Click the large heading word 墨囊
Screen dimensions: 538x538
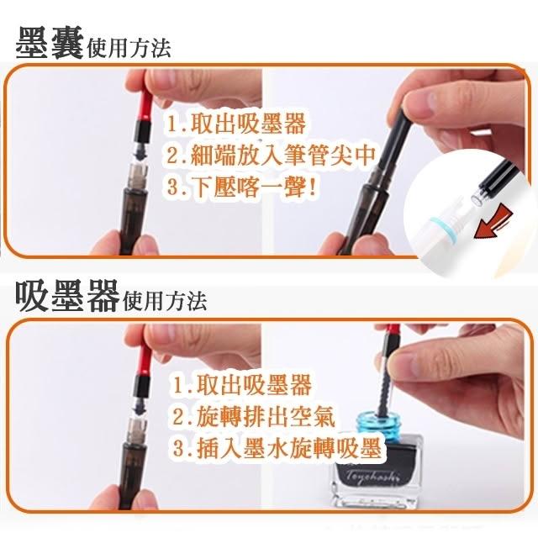click(x=50, y=43)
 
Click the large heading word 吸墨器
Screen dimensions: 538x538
click(x=67, y=295)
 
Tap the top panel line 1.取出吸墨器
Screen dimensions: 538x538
click(x=236, y=124)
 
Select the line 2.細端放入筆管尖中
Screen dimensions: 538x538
click(x=271, y=155)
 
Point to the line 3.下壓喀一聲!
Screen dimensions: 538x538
click(x=242, y=187)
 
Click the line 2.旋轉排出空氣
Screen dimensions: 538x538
click(x=254, y=416)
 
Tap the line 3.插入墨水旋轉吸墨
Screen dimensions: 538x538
click(x=277, y=447)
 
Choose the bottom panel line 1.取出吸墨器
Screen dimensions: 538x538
click(x=242, y=385)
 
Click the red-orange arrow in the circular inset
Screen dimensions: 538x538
click(x=493, y=221)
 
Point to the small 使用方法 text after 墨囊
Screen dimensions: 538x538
click(x=129, y=49)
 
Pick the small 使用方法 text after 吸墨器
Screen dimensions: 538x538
click(x=165, y=301)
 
